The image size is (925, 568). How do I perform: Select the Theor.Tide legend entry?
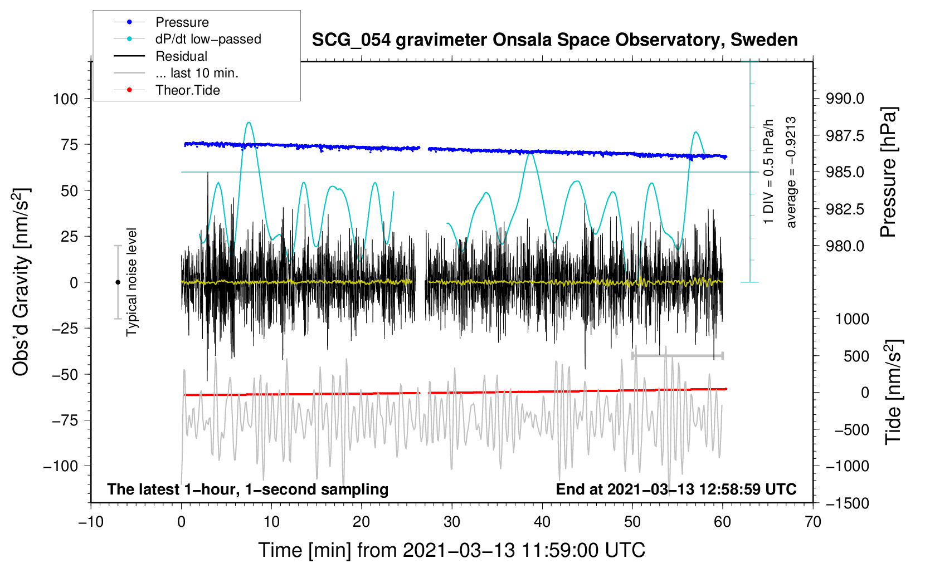pyautogui.click(x=187, y=90)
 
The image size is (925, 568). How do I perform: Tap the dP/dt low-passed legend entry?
pyautogui.click(x=208, y=39)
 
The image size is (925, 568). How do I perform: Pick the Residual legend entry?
pyautogui.click(x=181, y=56)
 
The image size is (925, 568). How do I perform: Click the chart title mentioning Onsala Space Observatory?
pyautogui.click(x=554, y=40)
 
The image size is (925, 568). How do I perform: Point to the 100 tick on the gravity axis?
pyautogui.click(x=65, y=99)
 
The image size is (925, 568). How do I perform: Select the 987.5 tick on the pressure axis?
pyautogui.click(x=845, y=136)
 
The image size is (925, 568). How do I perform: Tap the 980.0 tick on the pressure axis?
pyautogui.click(x=845, y=246)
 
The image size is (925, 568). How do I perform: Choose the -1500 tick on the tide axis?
pyautogui.click(x=848, y=503)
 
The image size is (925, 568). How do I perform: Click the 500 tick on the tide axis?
pyautogui.click(x=856, y=356)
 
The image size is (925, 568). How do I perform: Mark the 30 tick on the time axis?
pyautogui.click(x=452, y=522)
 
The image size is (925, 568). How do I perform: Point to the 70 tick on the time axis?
pyautogui.click(x=813, y=522)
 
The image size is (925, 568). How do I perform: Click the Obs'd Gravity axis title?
pyautogui.click(x=21, y=282)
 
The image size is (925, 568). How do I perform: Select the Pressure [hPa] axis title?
pyautogui.click(x=889, y=173)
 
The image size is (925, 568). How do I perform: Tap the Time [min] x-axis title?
pyautogui.click(x=452, y=550)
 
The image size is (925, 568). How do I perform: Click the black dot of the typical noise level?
pyautogui.click(x=118, y=282)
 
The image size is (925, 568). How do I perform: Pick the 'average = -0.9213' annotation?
pyautogui.click(x=791, y=173)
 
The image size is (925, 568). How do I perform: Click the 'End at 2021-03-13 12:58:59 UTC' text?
pyautogui.click(x=676, y=489)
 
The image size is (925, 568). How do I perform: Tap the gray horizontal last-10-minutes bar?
pyautogui.click(x=678, y=355)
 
